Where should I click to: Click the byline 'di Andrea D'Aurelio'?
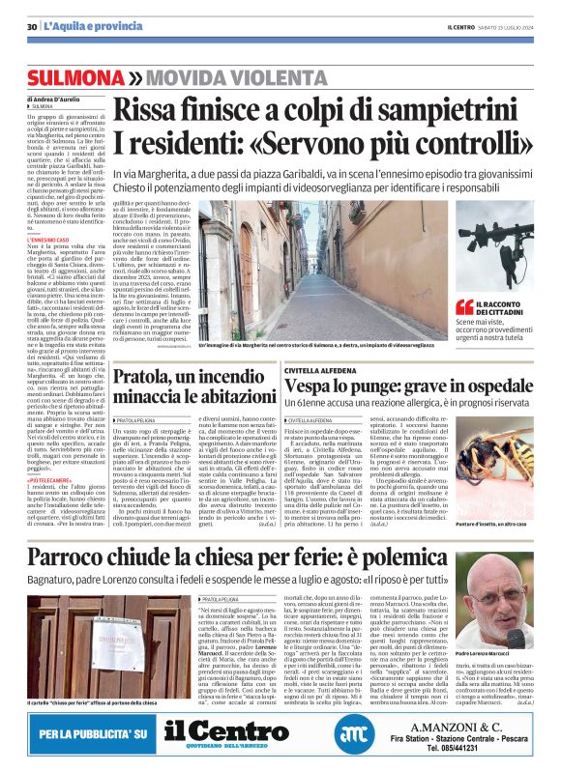pyautogui.click(x=56, y=100)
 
